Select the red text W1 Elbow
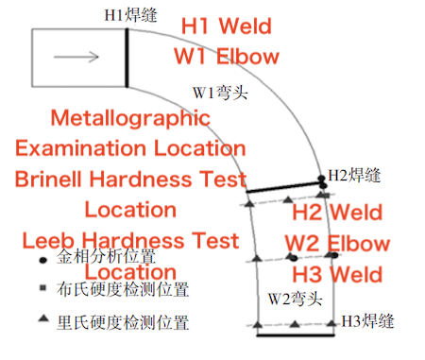click(227, 56)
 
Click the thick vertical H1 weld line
click(127, 58)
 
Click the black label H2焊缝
click(353, 175)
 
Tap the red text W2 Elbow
click(337, 243)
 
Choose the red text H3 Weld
click(337, 275)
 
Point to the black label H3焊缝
click(366, 319)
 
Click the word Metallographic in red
click(128, 119)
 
